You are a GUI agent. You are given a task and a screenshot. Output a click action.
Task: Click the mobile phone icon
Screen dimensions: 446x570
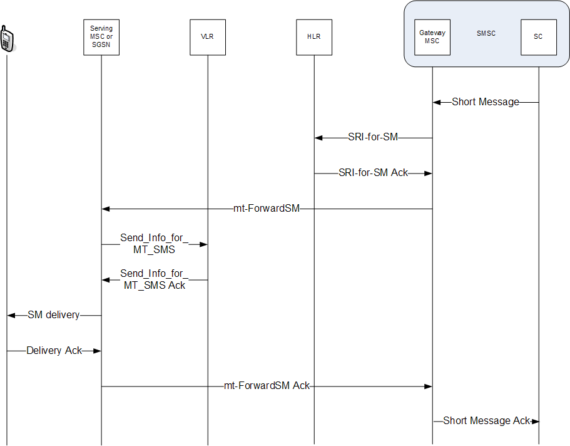click(x=7, y=39)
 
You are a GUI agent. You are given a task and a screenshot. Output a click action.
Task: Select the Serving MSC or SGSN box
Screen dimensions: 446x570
click(x=101, y=37)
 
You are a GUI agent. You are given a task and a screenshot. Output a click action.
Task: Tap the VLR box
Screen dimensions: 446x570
click(x=207, y=37)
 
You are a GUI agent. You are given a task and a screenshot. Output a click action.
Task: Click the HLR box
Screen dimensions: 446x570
click(x=313, y=37)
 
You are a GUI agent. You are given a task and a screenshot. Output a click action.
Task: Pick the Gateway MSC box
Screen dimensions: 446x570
click(x=432, y=37)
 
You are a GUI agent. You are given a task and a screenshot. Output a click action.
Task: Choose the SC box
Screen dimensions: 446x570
click(x=538, y=37)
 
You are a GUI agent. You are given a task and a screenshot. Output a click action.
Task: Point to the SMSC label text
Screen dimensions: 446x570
click(x=486, y=34)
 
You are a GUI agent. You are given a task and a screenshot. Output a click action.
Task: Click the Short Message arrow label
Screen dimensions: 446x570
click(x=486, y=102)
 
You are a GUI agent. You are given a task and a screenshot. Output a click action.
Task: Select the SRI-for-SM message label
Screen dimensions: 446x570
click(x=373, y=138)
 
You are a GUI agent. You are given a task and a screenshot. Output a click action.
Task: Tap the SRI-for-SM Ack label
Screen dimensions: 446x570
click(x=373, y=173)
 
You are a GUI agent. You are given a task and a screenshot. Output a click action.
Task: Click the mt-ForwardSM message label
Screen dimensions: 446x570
click(x=267, y=209)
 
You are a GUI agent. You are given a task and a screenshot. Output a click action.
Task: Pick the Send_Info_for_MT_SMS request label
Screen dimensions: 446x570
click(x=154, y=244)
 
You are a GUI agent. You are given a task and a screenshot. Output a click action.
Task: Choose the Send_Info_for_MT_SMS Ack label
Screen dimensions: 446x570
click(x=154, y=279)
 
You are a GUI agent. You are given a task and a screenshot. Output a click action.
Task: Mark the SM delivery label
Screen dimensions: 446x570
click(x=54, y=315)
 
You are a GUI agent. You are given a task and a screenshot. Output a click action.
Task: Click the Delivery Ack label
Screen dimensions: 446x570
click(x=54, y=351)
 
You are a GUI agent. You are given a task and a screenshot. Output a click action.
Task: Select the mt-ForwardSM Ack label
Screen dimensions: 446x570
click(x=267, y=386)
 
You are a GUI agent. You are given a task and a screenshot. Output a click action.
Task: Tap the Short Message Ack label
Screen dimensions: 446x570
click(x=487, y=421)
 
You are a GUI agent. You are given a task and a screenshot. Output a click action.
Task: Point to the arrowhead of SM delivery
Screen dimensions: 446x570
click(x=11, y=316)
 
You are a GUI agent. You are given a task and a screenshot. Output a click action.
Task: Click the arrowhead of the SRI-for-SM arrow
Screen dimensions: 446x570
click(x=318, y=138)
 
